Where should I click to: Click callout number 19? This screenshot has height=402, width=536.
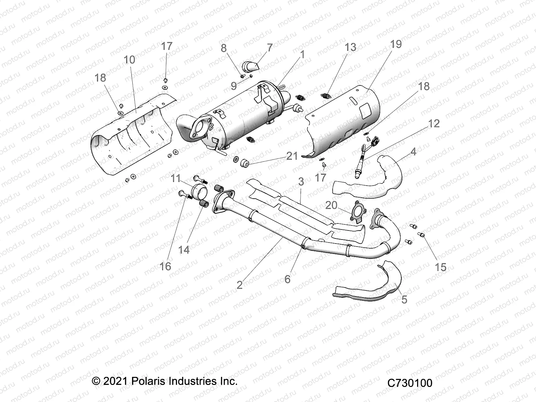(x=396, y=44)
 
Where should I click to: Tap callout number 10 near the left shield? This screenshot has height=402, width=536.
(x=129, y=60)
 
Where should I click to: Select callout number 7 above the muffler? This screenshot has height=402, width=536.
(x=269, y=47)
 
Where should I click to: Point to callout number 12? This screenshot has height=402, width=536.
(x=433, y=124)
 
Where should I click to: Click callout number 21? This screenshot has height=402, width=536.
(x=292, y=156)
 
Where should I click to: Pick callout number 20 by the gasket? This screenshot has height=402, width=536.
(x=331, y=205)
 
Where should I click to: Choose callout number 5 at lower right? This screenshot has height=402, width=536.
(x=404, y=299)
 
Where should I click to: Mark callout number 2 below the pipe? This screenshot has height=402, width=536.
(x=240, y=285)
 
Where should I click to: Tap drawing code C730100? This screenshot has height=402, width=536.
(x=410, y=383)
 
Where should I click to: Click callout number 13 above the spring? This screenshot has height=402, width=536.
(x=350, y=47)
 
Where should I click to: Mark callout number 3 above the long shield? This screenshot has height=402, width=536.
(x=301, y=182)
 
